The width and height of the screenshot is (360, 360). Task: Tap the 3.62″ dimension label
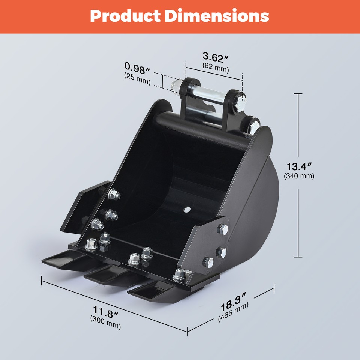216,58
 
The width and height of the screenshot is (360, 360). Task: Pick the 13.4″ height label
299,166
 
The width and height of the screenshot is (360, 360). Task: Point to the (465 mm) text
233,312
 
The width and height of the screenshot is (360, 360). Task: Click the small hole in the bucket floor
187,209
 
